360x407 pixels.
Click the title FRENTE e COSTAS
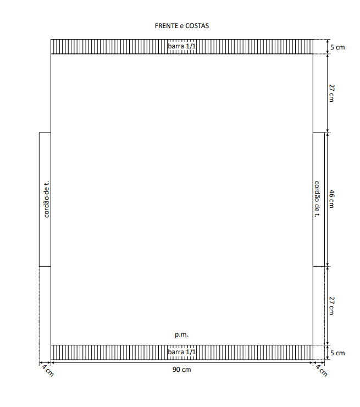[x=181, y=26]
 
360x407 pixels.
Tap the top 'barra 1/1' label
[x=181, y=46]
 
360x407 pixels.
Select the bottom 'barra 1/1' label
[x=181, y=352]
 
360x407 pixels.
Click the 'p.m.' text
[x=181, y=334]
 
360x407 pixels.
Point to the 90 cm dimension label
[x=181, y=370]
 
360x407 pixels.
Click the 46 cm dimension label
[x=331, y=199]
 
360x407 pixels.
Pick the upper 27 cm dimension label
[x=331, y=93]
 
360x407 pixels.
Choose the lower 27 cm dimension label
[x=331, y=305]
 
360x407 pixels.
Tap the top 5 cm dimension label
[x=337, y=47]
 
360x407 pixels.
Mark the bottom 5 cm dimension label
[x=337, y=353]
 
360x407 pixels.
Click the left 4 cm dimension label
[x=48, y=370]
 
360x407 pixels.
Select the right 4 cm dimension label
[x=322, y=370]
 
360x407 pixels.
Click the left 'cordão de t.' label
[x=46, y=199]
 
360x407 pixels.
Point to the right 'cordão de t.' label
[x=317, y=199]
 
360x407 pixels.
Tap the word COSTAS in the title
[x=197, y=26]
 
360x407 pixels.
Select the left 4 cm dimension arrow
[x=45, y=362]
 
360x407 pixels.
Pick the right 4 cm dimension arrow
[x=319, y=362]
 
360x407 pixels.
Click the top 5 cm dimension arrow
[x=328, y=47]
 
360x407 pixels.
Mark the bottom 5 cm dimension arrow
[x=328, y=352]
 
